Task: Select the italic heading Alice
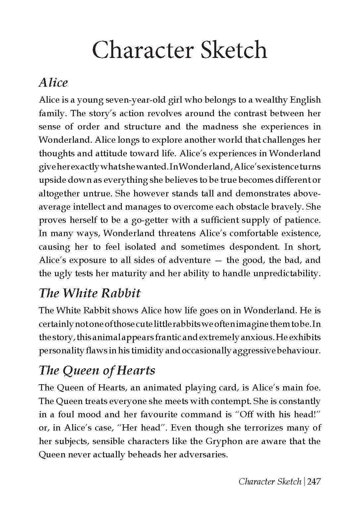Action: pyautogui.click(x=53, y=82)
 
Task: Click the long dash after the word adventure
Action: pyautogui.click(x=218, y=260)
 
